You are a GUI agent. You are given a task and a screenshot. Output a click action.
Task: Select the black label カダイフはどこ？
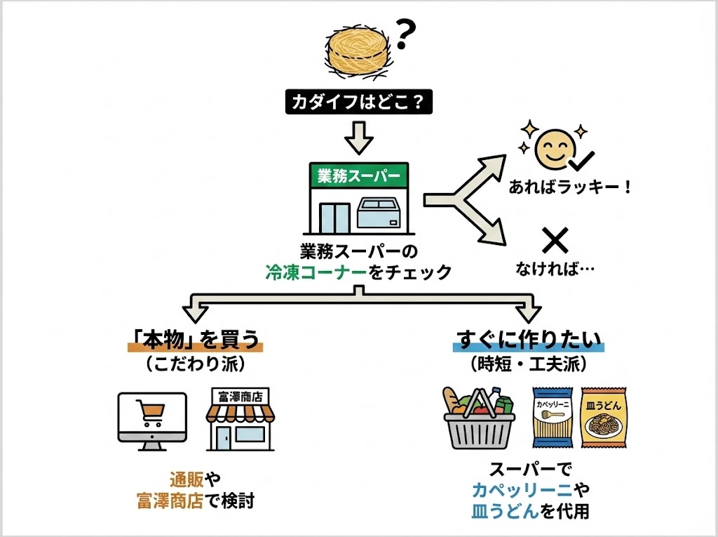[359, 102]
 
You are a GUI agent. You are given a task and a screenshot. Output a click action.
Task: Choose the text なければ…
[555, 269]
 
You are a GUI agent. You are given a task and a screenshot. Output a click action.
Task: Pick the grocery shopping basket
[481, 420]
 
